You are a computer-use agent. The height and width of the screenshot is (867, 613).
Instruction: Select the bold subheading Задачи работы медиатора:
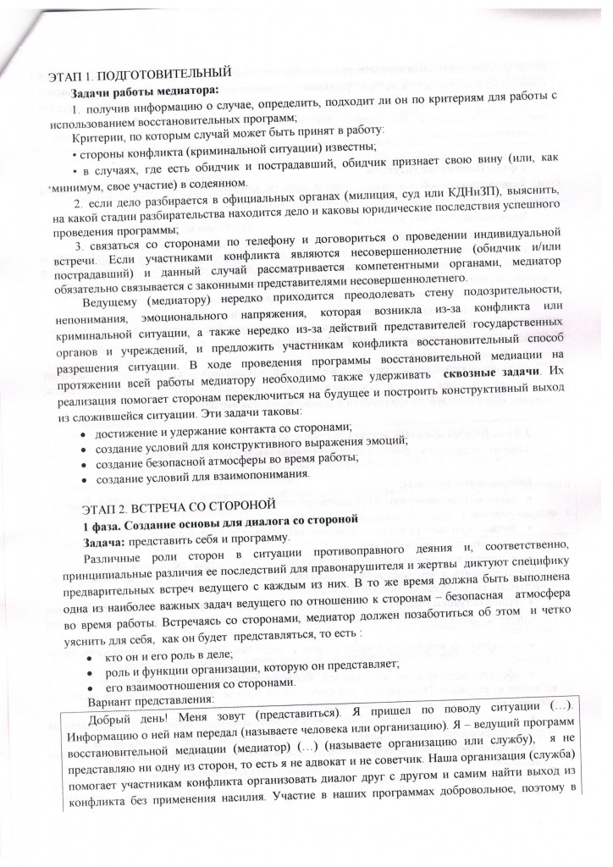click(x=145, y=93)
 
